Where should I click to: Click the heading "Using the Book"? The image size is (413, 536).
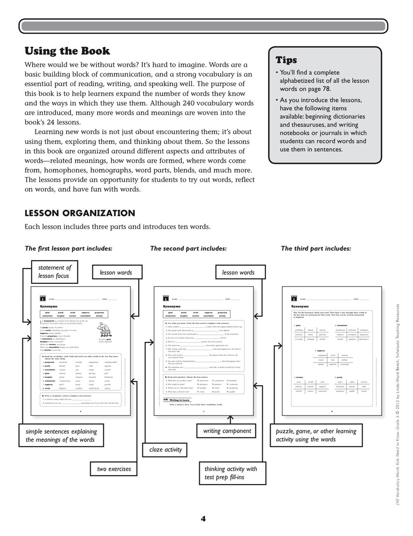pos(67,51)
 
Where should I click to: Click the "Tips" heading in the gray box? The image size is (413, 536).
pos(286,60)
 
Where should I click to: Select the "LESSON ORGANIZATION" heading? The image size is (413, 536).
pos(80,213)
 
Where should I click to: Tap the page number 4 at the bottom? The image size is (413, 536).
pos(203,519)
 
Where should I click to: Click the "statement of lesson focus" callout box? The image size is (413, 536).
pos(55,272)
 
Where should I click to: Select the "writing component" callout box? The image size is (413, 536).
pos(227,431)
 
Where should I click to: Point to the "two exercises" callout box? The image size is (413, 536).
pos(114,469)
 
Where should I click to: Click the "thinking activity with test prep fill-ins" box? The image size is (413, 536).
pos(230,473)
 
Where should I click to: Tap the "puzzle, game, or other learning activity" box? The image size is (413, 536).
pos(316,435)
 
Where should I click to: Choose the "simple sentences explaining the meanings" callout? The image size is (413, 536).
pos(61,435)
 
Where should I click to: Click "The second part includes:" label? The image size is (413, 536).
pos(188,249)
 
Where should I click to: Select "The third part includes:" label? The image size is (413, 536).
pos(316,249)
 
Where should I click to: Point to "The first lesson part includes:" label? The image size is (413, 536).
pos(69,249)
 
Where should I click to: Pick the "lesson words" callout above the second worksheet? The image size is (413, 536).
pos(238,272)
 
